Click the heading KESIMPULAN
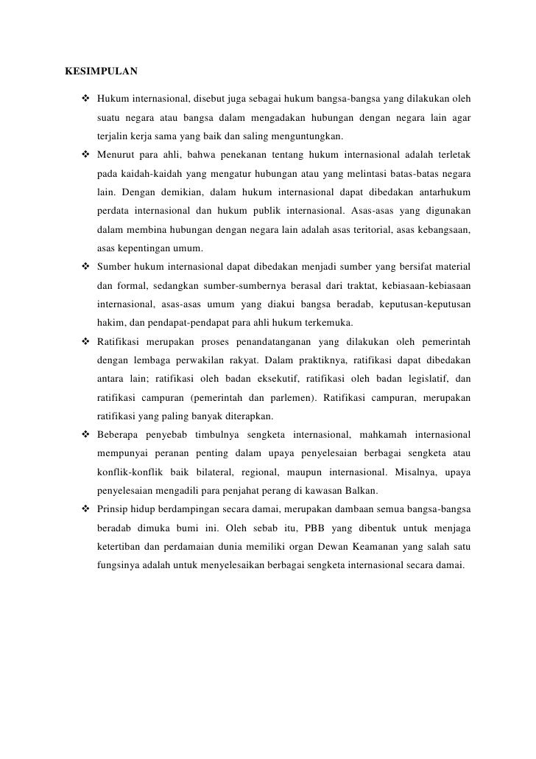[x=101, y=72]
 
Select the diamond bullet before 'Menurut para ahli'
[x=87, y=155]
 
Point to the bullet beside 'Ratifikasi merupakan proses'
[x=87, y=341]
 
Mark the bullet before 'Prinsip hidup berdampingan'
[x=87, y=509]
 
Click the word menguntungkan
[x=305, y=136]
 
